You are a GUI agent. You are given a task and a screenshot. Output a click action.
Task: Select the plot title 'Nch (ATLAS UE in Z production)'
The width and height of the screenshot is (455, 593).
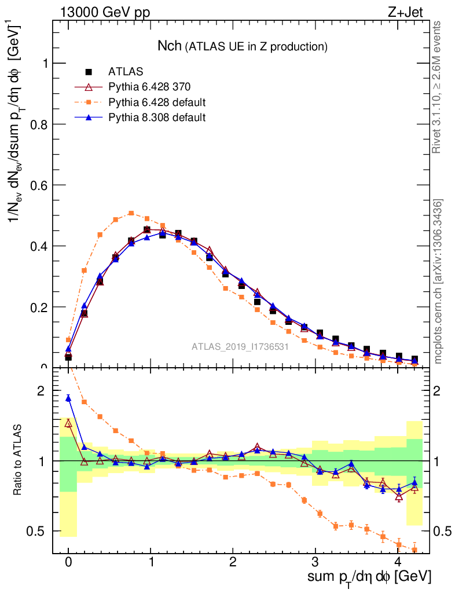[243, 46]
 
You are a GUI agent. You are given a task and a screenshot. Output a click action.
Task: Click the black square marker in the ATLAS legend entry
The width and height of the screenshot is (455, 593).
[89, 72]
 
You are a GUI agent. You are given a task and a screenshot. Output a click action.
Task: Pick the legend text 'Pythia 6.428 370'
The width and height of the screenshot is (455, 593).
[149, 87]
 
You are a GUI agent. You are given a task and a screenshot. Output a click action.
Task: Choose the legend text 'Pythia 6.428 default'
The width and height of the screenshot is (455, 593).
[157, 103]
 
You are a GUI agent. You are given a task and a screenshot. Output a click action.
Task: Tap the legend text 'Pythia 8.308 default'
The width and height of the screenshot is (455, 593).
[157, 118]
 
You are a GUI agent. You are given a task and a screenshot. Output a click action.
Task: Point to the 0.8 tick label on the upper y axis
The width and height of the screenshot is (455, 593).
[40, 125]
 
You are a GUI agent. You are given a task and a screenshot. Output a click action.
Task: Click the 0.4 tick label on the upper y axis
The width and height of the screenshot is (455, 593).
[40, 246]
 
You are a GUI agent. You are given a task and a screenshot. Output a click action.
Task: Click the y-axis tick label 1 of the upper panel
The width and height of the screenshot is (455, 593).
[44, 64]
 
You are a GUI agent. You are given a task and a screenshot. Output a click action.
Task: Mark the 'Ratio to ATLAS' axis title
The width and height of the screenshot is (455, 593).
[19, 460]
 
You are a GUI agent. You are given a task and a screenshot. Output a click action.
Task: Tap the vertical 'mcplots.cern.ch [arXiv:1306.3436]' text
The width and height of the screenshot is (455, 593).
[438, 281]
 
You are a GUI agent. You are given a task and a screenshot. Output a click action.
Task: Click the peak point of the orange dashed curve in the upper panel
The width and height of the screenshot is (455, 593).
[131, 213]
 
